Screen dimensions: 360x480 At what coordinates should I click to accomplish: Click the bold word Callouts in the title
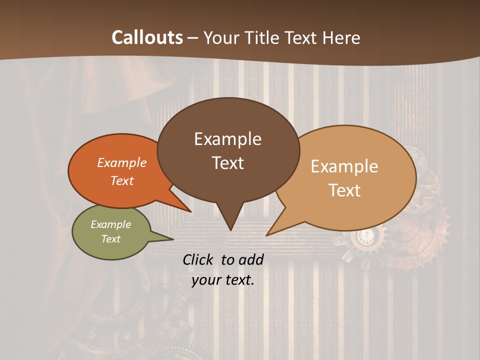pyautogui.click(x=147, y=37)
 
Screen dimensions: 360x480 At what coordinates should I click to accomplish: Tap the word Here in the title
pyautogui.click(x=339, y=37)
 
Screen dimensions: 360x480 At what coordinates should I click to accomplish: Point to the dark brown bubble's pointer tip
pyautogui.click(x=230, y=228)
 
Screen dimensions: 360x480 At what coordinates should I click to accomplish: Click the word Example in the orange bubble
pyautogui.click(x=121, y=162)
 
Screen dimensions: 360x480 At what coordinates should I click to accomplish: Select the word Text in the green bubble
pyautogui.click(x=111, y=239)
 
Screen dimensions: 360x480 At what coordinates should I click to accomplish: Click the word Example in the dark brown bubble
pyautogui.click(x=227, y=139)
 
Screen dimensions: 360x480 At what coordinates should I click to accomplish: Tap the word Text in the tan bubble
pyautogui.click(x=345, y=190)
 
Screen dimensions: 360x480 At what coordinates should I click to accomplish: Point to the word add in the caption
pyautogui.click(x=250, y=259)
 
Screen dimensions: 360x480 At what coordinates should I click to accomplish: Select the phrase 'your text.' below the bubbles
pyautogui.click(x=223, y=280)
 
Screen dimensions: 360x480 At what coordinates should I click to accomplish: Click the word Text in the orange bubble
pyautogui.click(x=122, y=180)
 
